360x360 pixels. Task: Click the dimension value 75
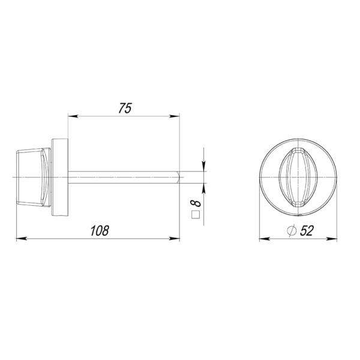point(125,108)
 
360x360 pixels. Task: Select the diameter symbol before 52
point(292,230)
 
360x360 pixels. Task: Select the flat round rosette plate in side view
point(61,176)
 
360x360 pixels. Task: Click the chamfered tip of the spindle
point(178,176)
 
